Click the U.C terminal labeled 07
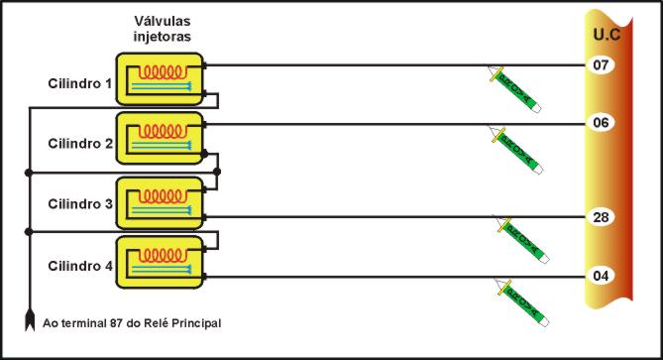click(x=601, y=65)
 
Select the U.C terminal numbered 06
click(x=601, y=123)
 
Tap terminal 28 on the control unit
click(x=601, y=217)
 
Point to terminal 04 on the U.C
click(x=601, y=275)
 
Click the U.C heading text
click(x=607, y=33)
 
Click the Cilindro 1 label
click(x=81, y=82)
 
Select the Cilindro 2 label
click(x=81, y=143)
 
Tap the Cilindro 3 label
click(x=81, y=204)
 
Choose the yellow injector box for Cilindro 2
click(x=160, y=138)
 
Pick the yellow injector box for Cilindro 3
click(x=160, y=203)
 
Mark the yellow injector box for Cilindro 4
click(x=160, y=262)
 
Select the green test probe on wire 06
click(x=515, y=151)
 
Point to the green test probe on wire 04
click(x=519, y=300)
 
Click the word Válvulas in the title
click(x=163, y=21)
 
